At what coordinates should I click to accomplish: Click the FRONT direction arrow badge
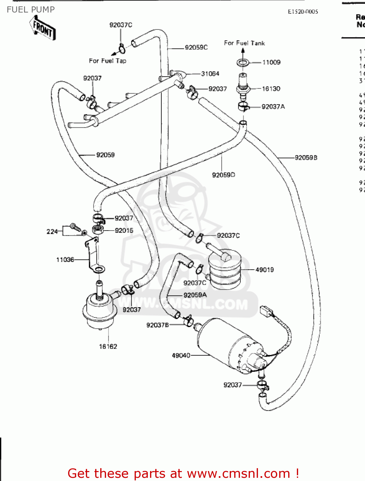pyautogui.click(x=43, y=29)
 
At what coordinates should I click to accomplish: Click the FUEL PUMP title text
pyautogui.click(x=31, y=10)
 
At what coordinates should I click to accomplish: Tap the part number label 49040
pyautogui.click(x=181, y=355)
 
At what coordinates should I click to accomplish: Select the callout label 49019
pyautogui.click(x=264, y=270)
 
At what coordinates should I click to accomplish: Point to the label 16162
pyautogui.click(x=108, y=346)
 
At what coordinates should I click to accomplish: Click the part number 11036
pyautogui.click(x=65, y=259)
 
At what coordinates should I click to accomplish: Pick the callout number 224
pyautogui.click(x=52, y=231)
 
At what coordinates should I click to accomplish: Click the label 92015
pyautogui.click(x=124, y=230)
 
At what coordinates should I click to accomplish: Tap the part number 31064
pyautogui.click(x=210, y=73)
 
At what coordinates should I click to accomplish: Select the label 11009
pyautogui.click(x=271, y=62)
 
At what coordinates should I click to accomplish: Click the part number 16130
pyautogui.click(x=271, y=89)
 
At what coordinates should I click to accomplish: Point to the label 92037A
pyautogui.click(x=273, y=106)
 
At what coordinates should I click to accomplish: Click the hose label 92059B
pyautogui.click(x=306, y=157)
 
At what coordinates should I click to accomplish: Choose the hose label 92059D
pyautogui.click(x=223, y=175)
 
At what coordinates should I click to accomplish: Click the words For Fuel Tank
pyautogui.click(x=244, y=43)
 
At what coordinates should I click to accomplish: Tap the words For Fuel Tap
pyautogui.click(x=108, y=61)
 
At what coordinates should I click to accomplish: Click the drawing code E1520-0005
pyautogui.click(x=303, y=12)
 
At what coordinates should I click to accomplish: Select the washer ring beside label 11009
pyautogui.click(x=243, y=63)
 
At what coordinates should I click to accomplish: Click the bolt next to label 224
pyautogui.click(x=75, y=227)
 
